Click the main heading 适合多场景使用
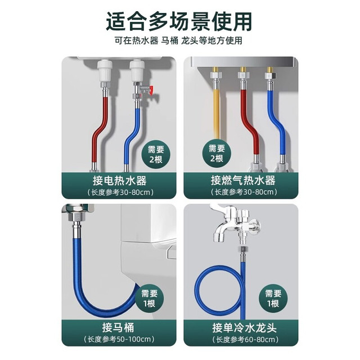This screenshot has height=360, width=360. tap(179, 21)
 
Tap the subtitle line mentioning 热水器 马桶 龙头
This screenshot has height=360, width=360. tap(179, 41)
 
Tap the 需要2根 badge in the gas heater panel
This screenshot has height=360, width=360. tap(217, 153)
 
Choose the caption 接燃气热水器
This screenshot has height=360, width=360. tap(243, 181)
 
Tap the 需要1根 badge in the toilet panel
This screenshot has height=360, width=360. tap(149, 299)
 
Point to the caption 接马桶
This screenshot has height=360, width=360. tap(118, 327)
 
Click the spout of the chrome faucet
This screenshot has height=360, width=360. tap(219, 236)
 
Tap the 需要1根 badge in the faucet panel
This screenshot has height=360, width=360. tap(273, 299)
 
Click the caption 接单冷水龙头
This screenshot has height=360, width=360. tap(244, 328)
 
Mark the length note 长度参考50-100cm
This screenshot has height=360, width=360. tap(119, 339)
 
